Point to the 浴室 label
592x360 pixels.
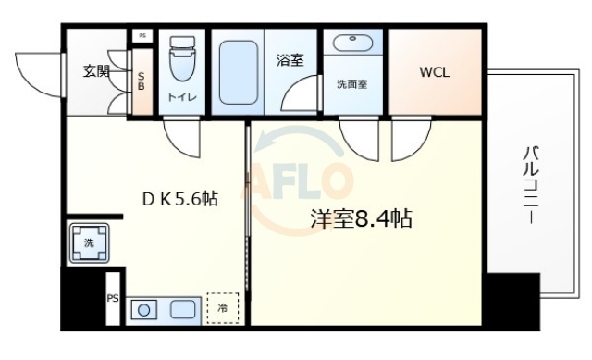[290, 61]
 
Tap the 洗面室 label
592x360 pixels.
[351, 83]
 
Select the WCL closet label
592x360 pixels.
[434, 72]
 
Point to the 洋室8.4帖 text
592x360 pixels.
[360, 219]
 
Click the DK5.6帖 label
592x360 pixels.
[179, 197]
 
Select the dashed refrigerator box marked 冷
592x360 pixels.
[222, 307]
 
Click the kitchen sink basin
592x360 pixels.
[182, 309]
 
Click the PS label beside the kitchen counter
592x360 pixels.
[113, 298]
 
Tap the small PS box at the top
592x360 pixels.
[142, 35]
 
